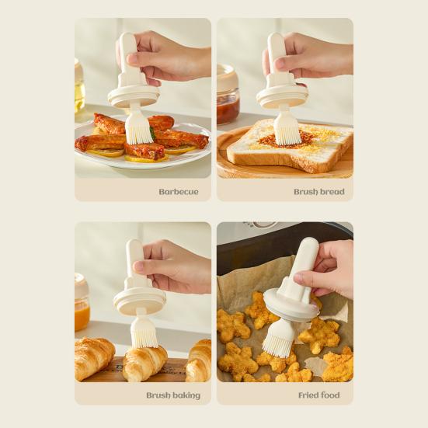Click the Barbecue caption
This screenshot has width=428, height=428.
click(x=179, y=191)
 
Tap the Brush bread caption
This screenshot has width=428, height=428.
click(x=318, y=191)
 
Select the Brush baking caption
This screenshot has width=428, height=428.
click(x=173, y=395)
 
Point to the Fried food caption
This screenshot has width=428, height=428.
click(x=318, y=395)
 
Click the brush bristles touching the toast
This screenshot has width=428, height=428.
click(x=287, y=129)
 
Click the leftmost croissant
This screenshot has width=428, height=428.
click(x=93, y=358)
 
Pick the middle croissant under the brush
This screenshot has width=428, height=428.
click(x=145, y=362)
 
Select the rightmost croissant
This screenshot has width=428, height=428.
click(x=200, y=361)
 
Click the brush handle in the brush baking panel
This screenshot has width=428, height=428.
click(x=136, y=260)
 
